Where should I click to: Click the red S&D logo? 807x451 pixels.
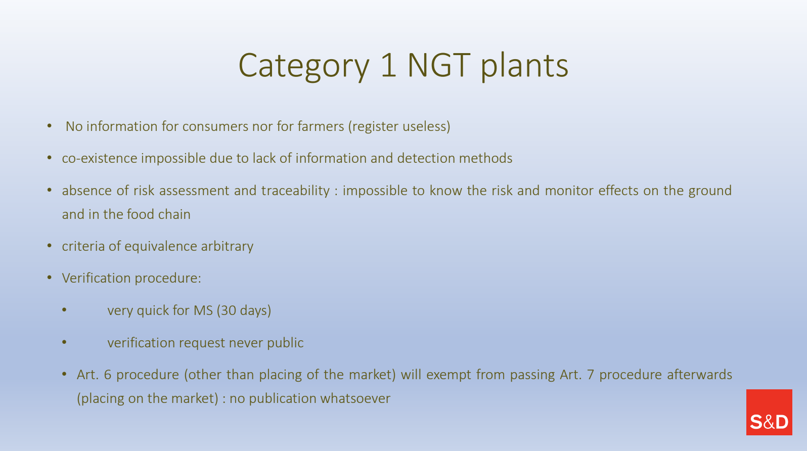(769, 412)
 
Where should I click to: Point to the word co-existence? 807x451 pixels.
(100, 158)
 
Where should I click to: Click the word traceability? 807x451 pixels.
(295, 191)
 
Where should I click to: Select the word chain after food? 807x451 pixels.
(174, 214)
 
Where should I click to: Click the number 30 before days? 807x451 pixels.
(229, 310)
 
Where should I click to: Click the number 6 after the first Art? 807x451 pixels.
(107, 375)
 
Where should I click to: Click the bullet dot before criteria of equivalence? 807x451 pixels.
(50, 246)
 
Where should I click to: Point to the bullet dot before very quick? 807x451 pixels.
(64, 310)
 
